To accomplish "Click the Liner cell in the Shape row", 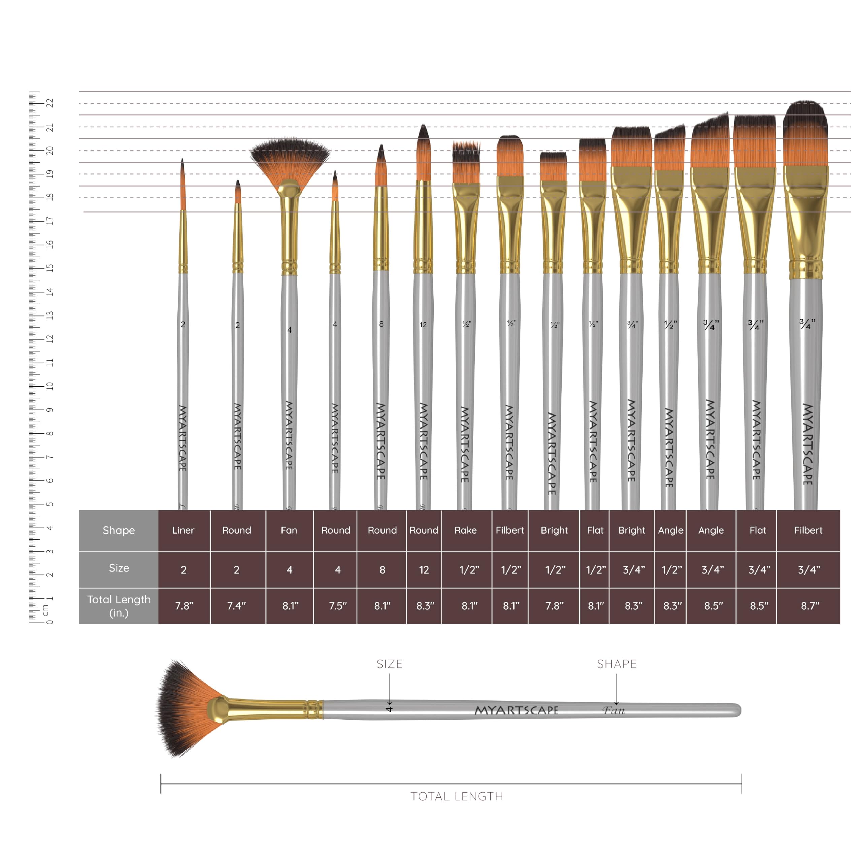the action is click(x=184, y=530).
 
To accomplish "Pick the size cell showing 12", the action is click(x=424, y=570).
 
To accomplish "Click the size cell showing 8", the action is click(x=382, y=570).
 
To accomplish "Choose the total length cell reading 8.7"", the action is click(x=808, y=606).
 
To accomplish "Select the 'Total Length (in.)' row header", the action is click(x=119, y=606).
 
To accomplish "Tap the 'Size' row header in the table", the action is click(x=119, y=568).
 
